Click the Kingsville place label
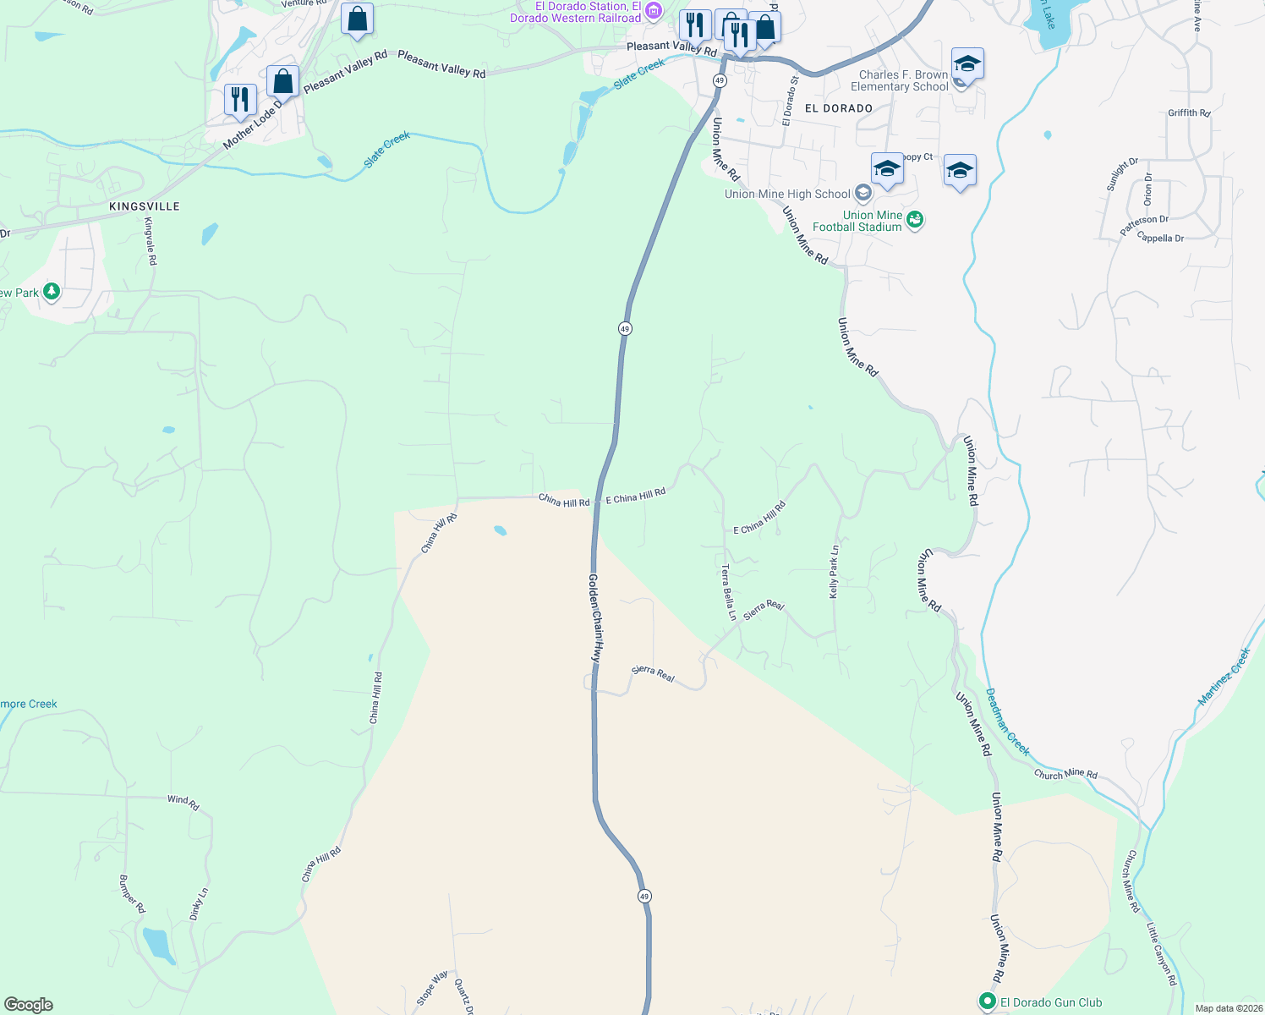point(145,206)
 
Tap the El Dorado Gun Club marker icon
point(987,1002)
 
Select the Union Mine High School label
point(787,194)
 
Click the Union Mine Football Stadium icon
point(914,221)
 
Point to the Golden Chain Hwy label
point(596,617)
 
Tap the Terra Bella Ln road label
point(729,592)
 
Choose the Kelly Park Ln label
point(835,572)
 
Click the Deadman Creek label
point(1008,721)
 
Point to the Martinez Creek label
point(1224,677)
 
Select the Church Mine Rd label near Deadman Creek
point(1065,774)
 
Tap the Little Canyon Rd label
point(1161,953)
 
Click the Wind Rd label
point(183,801)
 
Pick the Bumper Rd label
point(133,894)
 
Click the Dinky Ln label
point(199,904)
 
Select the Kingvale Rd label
point(151,241)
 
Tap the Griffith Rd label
point(1189,112)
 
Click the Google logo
point(29,1005)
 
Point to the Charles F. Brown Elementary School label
point(899,80)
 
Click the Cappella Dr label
point(1160,238)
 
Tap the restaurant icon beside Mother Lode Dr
point(240,99)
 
